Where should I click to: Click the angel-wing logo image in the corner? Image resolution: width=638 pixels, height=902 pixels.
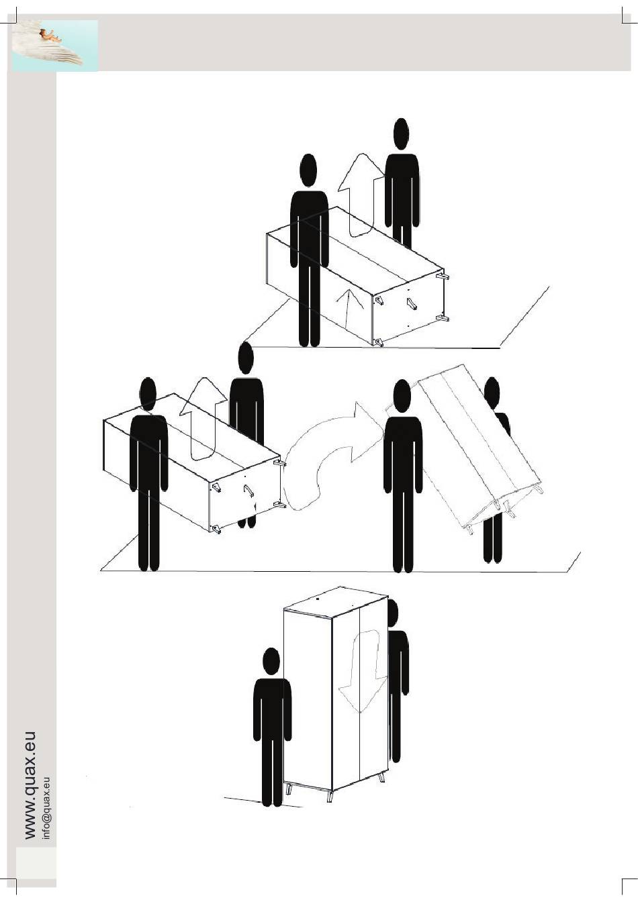tap(55, 46)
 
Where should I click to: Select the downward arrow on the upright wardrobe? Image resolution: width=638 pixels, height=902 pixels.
tap(363, 669)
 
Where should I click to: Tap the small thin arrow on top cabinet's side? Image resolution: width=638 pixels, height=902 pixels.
tap(346, 310)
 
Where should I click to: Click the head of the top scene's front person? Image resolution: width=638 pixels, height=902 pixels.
tap(308, 170)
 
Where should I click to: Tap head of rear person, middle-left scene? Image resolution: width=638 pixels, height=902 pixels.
tap(246, 358)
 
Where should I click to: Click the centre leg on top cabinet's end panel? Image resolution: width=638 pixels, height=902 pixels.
tap(412, 304)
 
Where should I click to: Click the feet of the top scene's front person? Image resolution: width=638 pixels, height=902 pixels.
tap(309, 343)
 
